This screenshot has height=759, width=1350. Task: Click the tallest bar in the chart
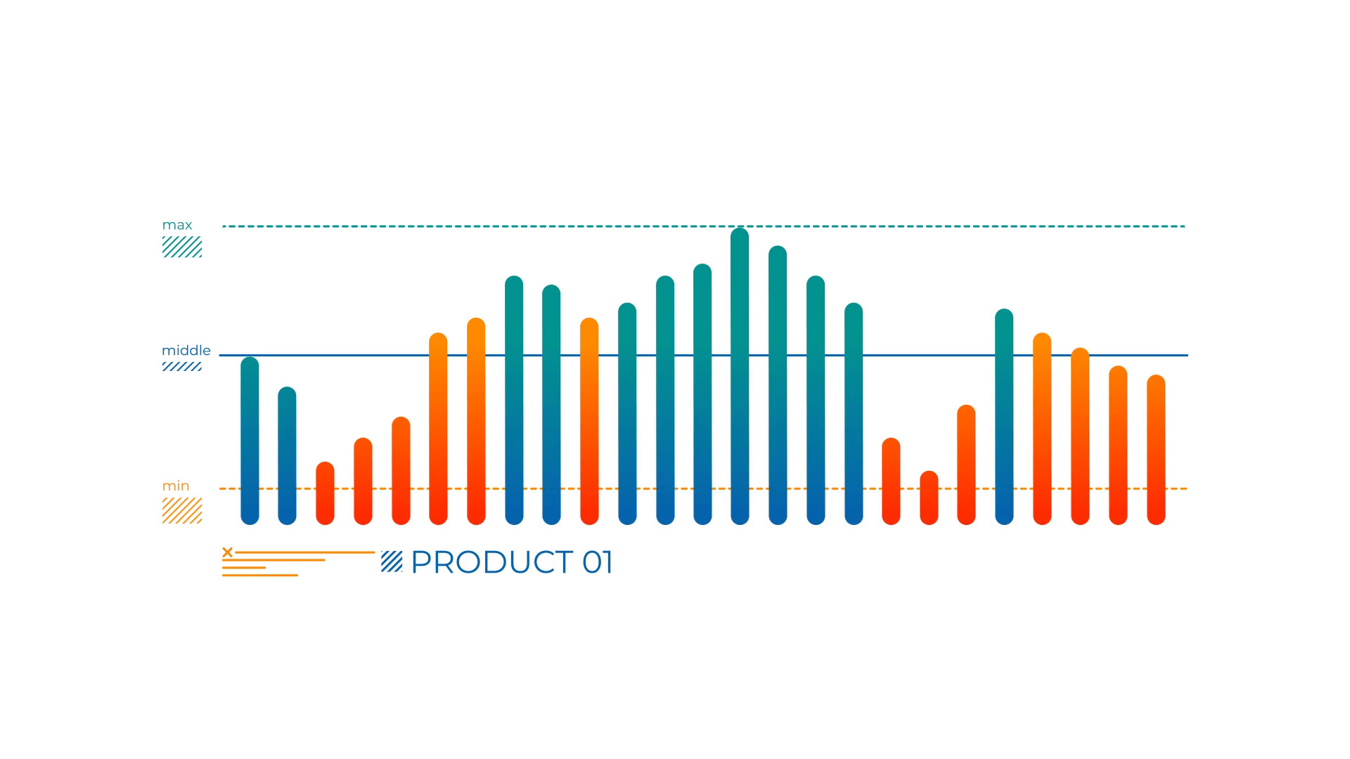point(740,376)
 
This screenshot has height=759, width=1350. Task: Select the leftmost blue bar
point(250,441)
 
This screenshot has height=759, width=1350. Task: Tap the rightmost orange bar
point(1156,450)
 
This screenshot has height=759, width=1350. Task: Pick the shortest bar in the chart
point(929,498)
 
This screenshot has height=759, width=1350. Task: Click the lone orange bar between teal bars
point(589,421)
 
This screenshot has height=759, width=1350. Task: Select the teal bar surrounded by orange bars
point(1004,417)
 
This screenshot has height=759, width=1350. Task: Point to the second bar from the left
point(287,455)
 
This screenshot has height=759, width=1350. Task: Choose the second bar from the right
point(1118,446)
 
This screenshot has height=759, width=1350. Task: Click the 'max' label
point(177,225)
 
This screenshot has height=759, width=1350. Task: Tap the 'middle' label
point(186,350)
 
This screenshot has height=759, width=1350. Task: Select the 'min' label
point(176,486)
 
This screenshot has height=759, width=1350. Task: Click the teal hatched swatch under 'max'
point(182,247)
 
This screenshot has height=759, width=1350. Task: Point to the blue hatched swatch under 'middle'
point(182,366)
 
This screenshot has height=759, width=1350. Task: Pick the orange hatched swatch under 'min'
point(182,510)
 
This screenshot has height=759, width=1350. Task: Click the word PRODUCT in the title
point(491,562)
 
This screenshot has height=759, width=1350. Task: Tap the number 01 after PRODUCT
point(598,562)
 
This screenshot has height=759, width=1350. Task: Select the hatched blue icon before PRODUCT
point(392,562)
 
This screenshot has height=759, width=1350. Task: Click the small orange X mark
point(227,552)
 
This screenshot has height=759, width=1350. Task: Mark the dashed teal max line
point(704,226)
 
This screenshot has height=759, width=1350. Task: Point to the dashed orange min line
point(703,488)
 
